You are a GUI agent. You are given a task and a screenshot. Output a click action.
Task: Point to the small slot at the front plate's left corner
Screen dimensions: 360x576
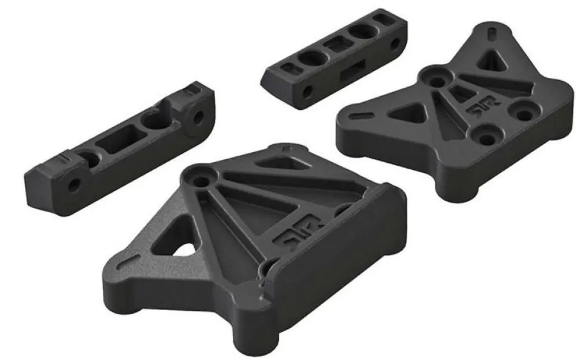click(125, 260)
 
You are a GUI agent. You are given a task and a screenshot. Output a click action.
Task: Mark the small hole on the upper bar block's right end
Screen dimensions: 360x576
click(394, 43)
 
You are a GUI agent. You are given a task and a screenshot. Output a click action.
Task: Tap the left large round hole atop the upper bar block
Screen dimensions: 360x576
click(311, 59)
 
